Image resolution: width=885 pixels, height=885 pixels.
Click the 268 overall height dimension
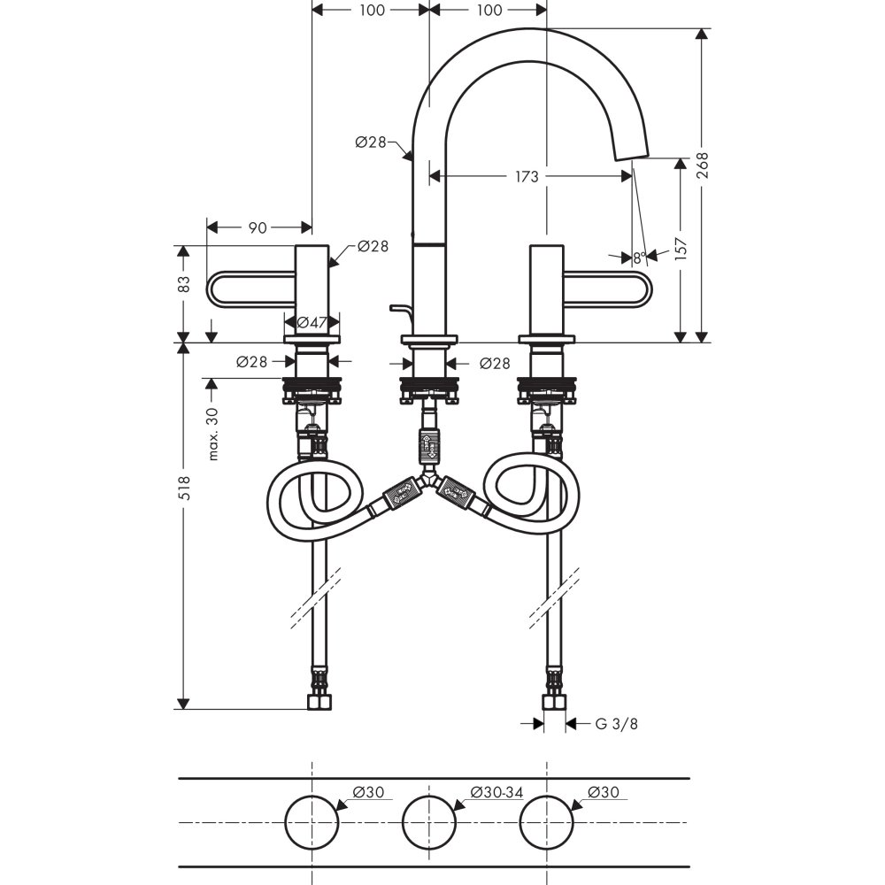tap(702, 165)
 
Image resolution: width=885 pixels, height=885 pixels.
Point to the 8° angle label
tap(638, 258)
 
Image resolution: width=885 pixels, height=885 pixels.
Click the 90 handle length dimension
tap(257, 227)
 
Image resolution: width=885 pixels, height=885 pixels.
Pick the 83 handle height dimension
tap(183, 284)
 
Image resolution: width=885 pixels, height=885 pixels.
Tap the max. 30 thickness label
tap(213, 434)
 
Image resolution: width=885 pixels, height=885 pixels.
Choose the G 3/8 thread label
tap(616, 724)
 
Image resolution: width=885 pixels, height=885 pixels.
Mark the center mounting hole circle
tap(429, 822)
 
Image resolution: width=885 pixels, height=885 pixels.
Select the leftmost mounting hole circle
tap(312, 822)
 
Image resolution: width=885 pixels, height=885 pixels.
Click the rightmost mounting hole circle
tap(546, 822)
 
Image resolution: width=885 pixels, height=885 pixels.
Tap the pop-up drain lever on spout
tap(399, 309)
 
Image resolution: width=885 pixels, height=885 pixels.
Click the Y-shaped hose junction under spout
tap(428, 482)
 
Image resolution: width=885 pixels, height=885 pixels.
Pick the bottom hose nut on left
tap(319, 702)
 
